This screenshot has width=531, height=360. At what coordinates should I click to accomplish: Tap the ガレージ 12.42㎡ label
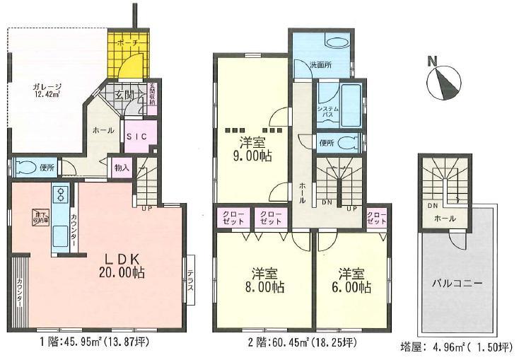click(45, 90)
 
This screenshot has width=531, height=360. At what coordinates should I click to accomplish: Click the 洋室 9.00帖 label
click(252, 149)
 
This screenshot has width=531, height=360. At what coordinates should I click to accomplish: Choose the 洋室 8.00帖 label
click(267, 280)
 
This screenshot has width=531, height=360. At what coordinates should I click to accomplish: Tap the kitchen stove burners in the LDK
click(59, 194)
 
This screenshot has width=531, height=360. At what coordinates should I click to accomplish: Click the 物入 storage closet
click(121, 168)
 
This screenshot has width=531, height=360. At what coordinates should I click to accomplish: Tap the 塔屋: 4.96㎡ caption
click(453, 347)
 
